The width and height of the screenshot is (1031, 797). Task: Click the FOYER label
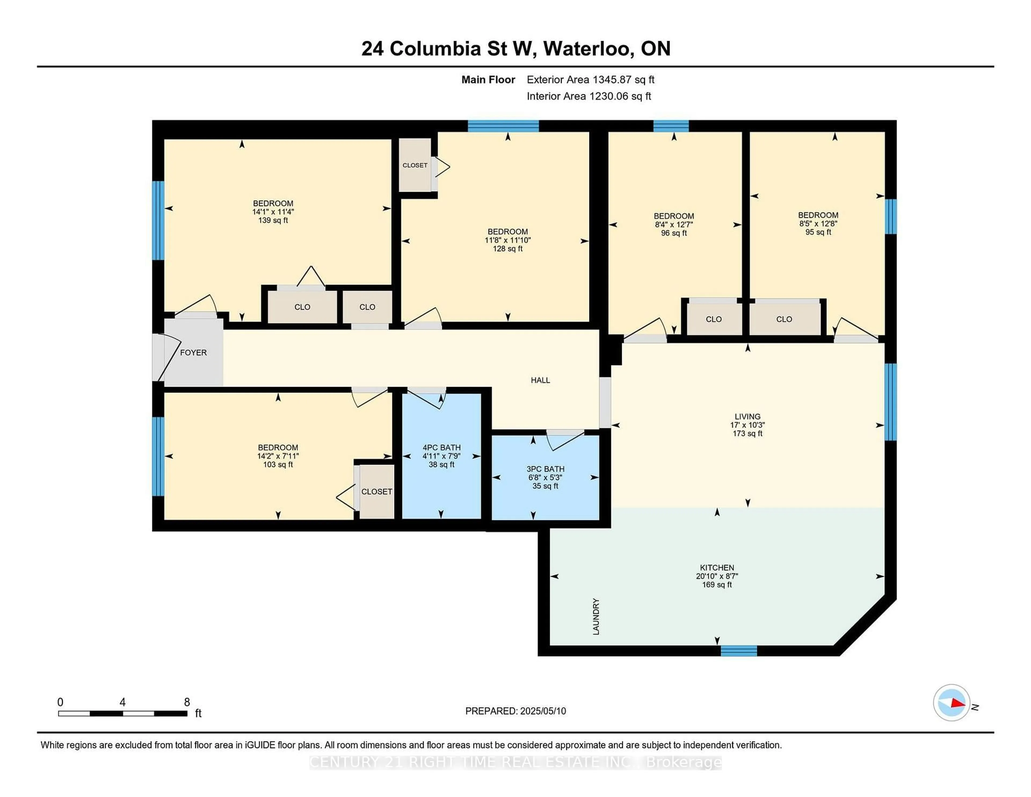[x=193, y=353]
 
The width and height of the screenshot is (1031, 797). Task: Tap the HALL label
[x=540, y=380]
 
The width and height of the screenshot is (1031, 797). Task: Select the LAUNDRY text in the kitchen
[x=596, y=616]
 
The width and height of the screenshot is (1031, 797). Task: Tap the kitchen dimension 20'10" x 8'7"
[x=717, y=576]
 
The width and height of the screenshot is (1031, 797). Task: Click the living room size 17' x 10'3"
[x=747, y=425]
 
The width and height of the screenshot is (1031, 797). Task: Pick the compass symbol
[x=951, y=702]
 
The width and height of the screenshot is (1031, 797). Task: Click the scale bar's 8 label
[x=187, y=702]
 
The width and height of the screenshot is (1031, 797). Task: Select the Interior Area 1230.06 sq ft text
[x=589, y=96]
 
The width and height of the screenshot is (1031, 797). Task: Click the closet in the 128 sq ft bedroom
[x=415, y=165]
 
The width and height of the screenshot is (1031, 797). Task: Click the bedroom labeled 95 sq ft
[x=818, y=223]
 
